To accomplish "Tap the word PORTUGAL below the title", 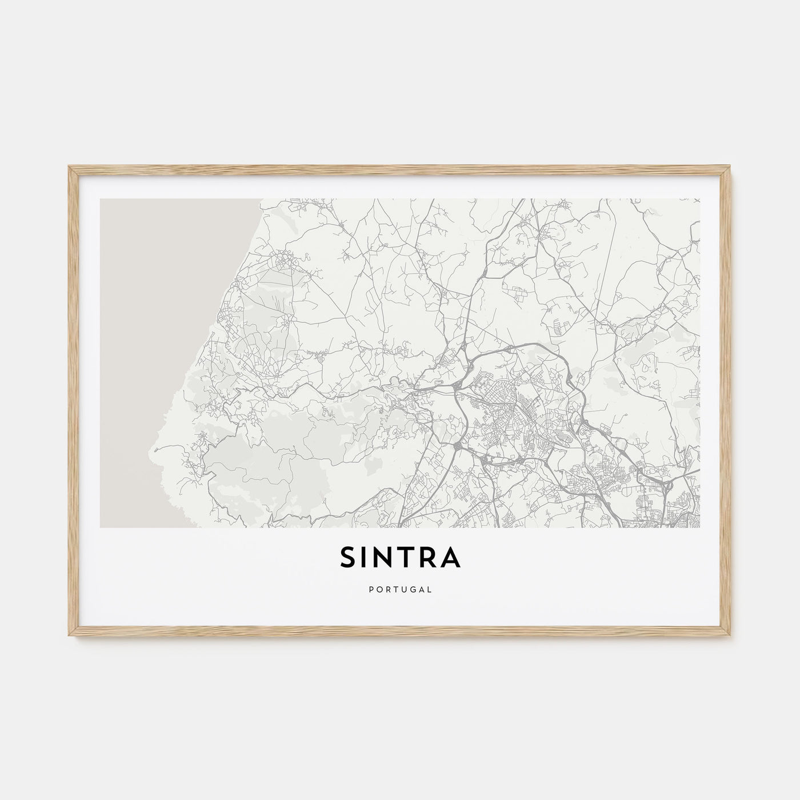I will tap(400, 589).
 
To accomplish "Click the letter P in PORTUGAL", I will tap(371, 589).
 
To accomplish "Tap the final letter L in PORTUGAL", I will tap(430, 589).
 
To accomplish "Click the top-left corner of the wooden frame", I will tap(69, 166).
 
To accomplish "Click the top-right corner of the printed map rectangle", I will tap(699, 199).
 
